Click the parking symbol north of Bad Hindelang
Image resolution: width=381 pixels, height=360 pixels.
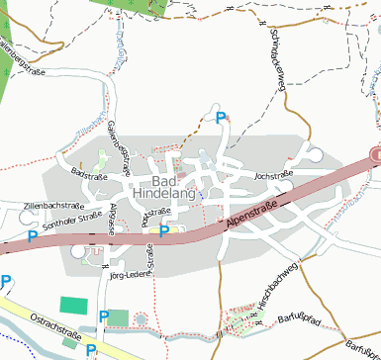click(x=221, y=118)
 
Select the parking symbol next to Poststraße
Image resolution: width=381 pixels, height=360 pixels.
click(x=166, y=229)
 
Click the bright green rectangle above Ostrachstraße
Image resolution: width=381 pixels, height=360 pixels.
click(x=73, y=305)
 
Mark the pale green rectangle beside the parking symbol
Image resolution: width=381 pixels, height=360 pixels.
click(x=119, y=316)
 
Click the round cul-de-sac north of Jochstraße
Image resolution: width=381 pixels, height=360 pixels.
click(x=316, y=154)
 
